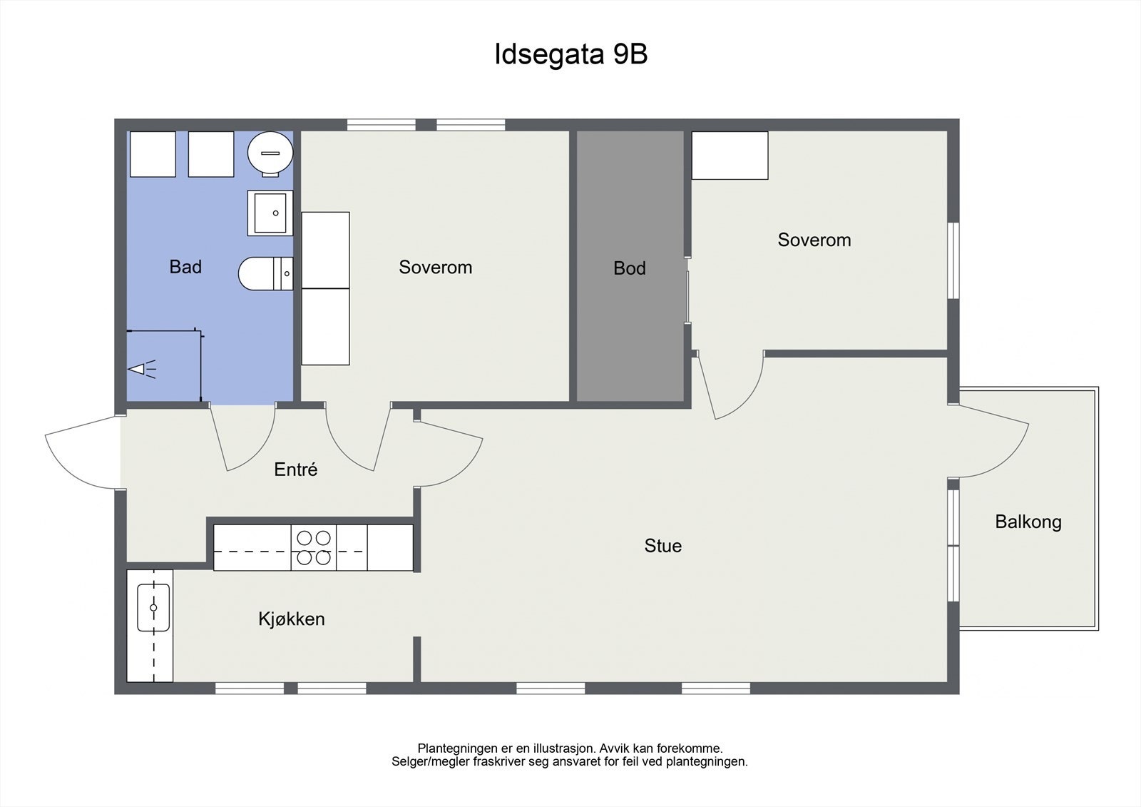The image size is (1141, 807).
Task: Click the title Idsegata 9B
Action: click(x=571, y=54)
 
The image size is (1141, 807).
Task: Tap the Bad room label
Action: click(x=185, y=267)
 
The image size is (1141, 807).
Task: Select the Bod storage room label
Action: click(x=630, y=268)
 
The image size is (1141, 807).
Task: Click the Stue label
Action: click(x=662, y=546)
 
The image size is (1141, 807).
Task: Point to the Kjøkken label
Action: click(x=292, y=619)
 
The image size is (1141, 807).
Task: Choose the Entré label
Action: click(x=295, y=470)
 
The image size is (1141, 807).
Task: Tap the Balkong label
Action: click(x=1028, y=522)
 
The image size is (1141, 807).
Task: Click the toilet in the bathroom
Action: click(x=266, y=274)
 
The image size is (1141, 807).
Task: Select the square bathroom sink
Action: click(x=270, y=213)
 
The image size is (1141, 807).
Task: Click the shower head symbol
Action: click(x=142, y=369)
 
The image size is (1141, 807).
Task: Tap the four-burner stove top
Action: click(x=314, y=547)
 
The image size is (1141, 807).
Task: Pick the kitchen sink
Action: click(x=153, y=608)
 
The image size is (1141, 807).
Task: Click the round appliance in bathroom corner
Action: click(x=270, y=153)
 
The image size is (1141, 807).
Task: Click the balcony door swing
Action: click(x=988, y=442)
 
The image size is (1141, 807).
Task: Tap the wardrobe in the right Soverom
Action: click(x=730, y=156)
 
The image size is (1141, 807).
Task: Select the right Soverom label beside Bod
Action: click(x=814, y=240)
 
